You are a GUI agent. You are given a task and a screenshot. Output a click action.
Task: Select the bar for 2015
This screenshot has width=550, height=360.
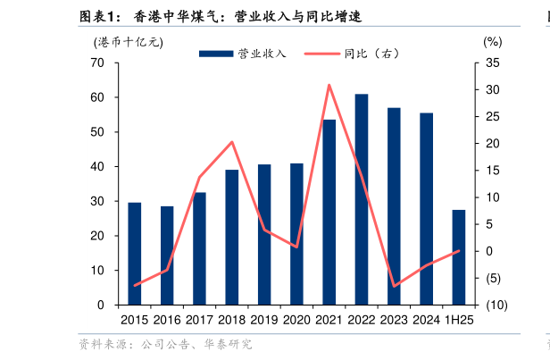point(135,254)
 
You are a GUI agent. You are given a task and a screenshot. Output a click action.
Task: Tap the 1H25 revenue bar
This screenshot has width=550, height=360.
point(459,257)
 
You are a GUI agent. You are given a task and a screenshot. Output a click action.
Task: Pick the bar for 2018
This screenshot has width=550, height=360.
point(232,237)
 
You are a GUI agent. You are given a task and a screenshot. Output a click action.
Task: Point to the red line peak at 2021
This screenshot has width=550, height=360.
point(329,85)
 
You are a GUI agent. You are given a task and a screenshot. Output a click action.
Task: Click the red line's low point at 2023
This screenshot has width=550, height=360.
point(394,287)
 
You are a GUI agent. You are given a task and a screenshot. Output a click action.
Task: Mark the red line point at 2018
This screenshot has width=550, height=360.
point(232,142)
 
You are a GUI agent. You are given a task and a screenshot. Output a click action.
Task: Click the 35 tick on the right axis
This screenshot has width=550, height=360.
point(492,63)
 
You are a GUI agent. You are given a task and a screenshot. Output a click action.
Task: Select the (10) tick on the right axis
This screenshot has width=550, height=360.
point(496,305)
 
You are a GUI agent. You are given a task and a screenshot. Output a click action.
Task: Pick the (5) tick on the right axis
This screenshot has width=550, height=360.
point(494,278)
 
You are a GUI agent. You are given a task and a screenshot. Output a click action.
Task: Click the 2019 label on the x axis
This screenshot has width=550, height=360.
point(264,320)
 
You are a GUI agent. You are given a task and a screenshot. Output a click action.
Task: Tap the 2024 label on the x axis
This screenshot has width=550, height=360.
point(426,320)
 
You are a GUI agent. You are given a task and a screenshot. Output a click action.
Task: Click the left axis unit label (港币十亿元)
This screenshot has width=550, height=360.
point(129,42)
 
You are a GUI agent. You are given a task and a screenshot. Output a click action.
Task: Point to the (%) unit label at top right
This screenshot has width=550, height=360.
point(492,42)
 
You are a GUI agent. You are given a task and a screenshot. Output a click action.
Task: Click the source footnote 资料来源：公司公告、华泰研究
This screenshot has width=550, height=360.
point(165,344)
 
